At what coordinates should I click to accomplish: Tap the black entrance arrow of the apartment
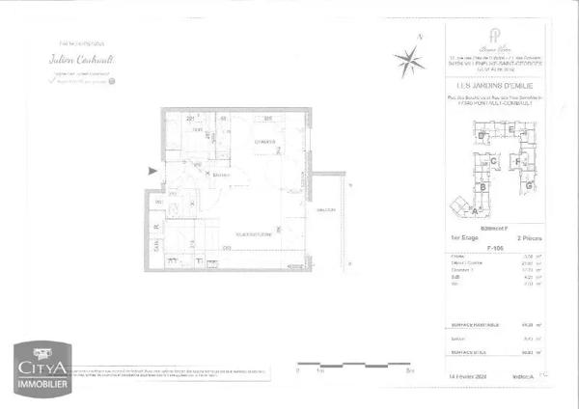coord(149,171)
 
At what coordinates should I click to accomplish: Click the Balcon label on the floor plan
coord(324,209)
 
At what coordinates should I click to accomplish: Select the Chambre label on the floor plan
coord(264,143)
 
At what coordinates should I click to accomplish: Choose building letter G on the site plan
coord(528,183)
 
